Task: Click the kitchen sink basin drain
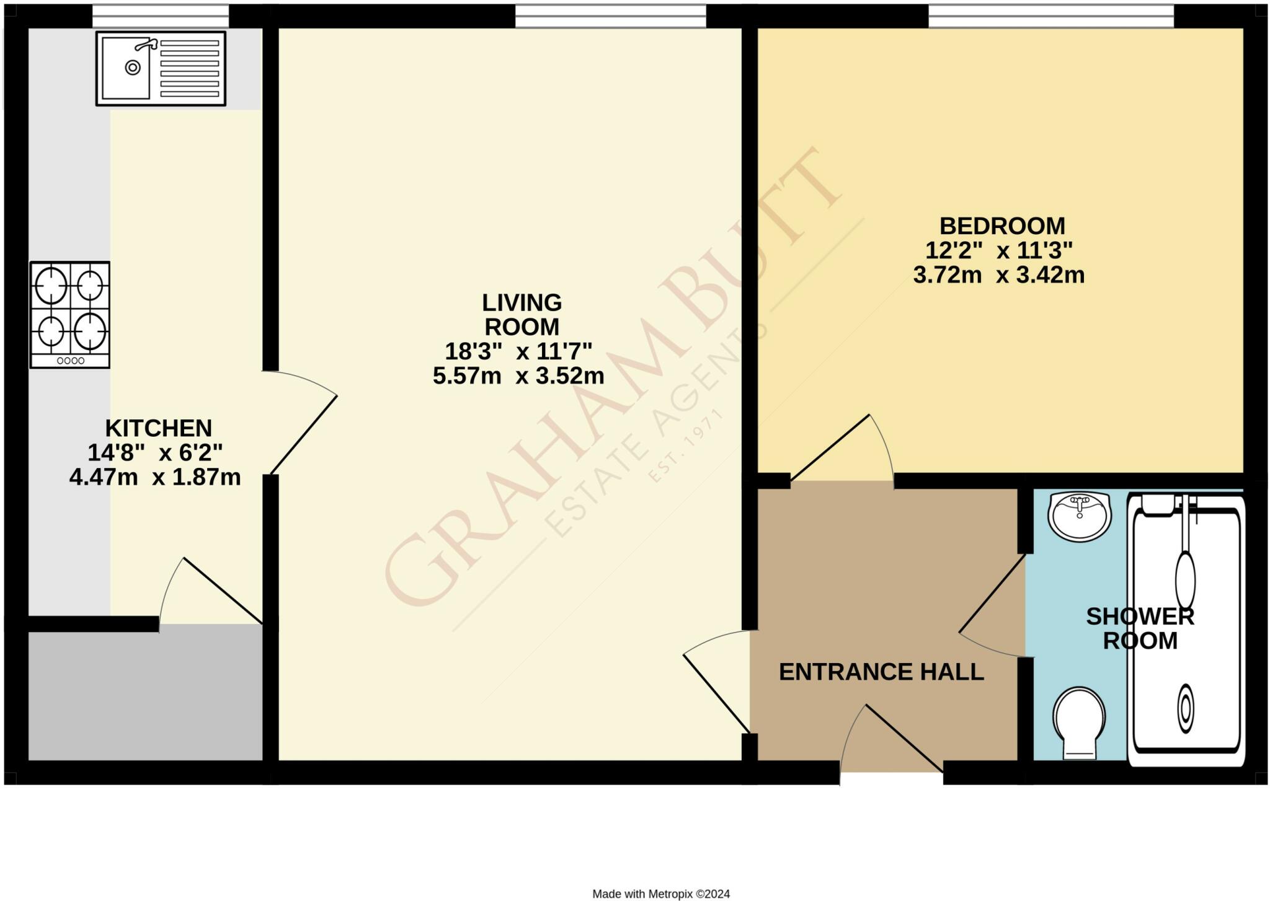(x=133, y=68)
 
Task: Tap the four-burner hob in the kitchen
(x=70, y=315)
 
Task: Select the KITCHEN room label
(x=159, y=428)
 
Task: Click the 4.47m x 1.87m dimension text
(x=155, y=478)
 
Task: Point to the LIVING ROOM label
(x=522, y=314)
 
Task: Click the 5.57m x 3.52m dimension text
(x=518, y=376)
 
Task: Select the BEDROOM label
(x=1002, y=226)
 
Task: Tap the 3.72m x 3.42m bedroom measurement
(x=998, y=275)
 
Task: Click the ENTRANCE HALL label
(x=881, y=672)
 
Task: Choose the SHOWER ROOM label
(x=1140, y=628)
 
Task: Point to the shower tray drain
(x=1186, y=708)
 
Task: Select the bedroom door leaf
(x=830, y=447)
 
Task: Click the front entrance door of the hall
(x=904, y=738)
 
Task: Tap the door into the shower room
(x=992, y=594)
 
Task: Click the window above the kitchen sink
(x=160, y=16)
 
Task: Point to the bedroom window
(x=1050, y=16)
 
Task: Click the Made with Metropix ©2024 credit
(x=661, y=894)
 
